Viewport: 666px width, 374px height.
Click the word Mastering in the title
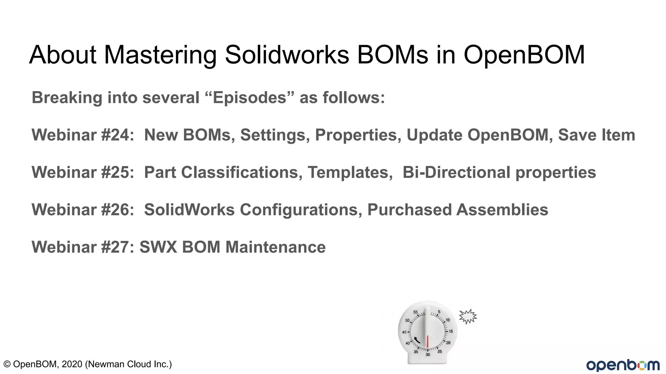pyautogui.click(x=160, y=55)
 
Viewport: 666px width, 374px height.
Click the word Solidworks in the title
pyautogui.click(x=287, y=55)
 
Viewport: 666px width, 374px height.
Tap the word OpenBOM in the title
pyautogui.click(x=524, y=55)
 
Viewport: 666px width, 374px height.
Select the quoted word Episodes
pyautogui.click(x=250, y=97)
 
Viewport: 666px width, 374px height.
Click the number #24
pyautogui.click(x=115, y=135)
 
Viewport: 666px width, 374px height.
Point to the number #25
pyautogui.click(x=115, y=172)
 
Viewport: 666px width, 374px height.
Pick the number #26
pyautogui.click(x=115, y=210)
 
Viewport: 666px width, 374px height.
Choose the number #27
pyautogui.click(x=115, y=247)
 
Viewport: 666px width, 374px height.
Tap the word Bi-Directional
pyautogui.click(x=456, y=172)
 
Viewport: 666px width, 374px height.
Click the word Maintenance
pyautogui.click(x=275, y=247)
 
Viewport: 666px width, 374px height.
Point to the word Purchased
pyautogui.click(x=409, y=210)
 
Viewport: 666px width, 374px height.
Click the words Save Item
pyautogui.click(x=596, y=135)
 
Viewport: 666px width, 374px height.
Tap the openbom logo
pyautogui.click(x=623, y=365)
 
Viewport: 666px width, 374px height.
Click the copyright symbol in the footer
pyautogui.click(x=7, y=364)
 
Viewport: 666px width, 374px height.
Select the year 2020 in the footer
pyautogui.click(x=72, y=364)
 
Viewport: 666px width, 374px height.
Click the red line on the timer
pyautogui.click(x=428, y=341)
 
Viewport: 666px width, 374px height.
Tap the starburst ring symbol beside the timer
pyautogui.click(x=468, y=316)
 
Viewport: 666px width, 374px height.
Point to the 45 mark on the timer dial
pyautogui.click(x=405, y=332)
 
